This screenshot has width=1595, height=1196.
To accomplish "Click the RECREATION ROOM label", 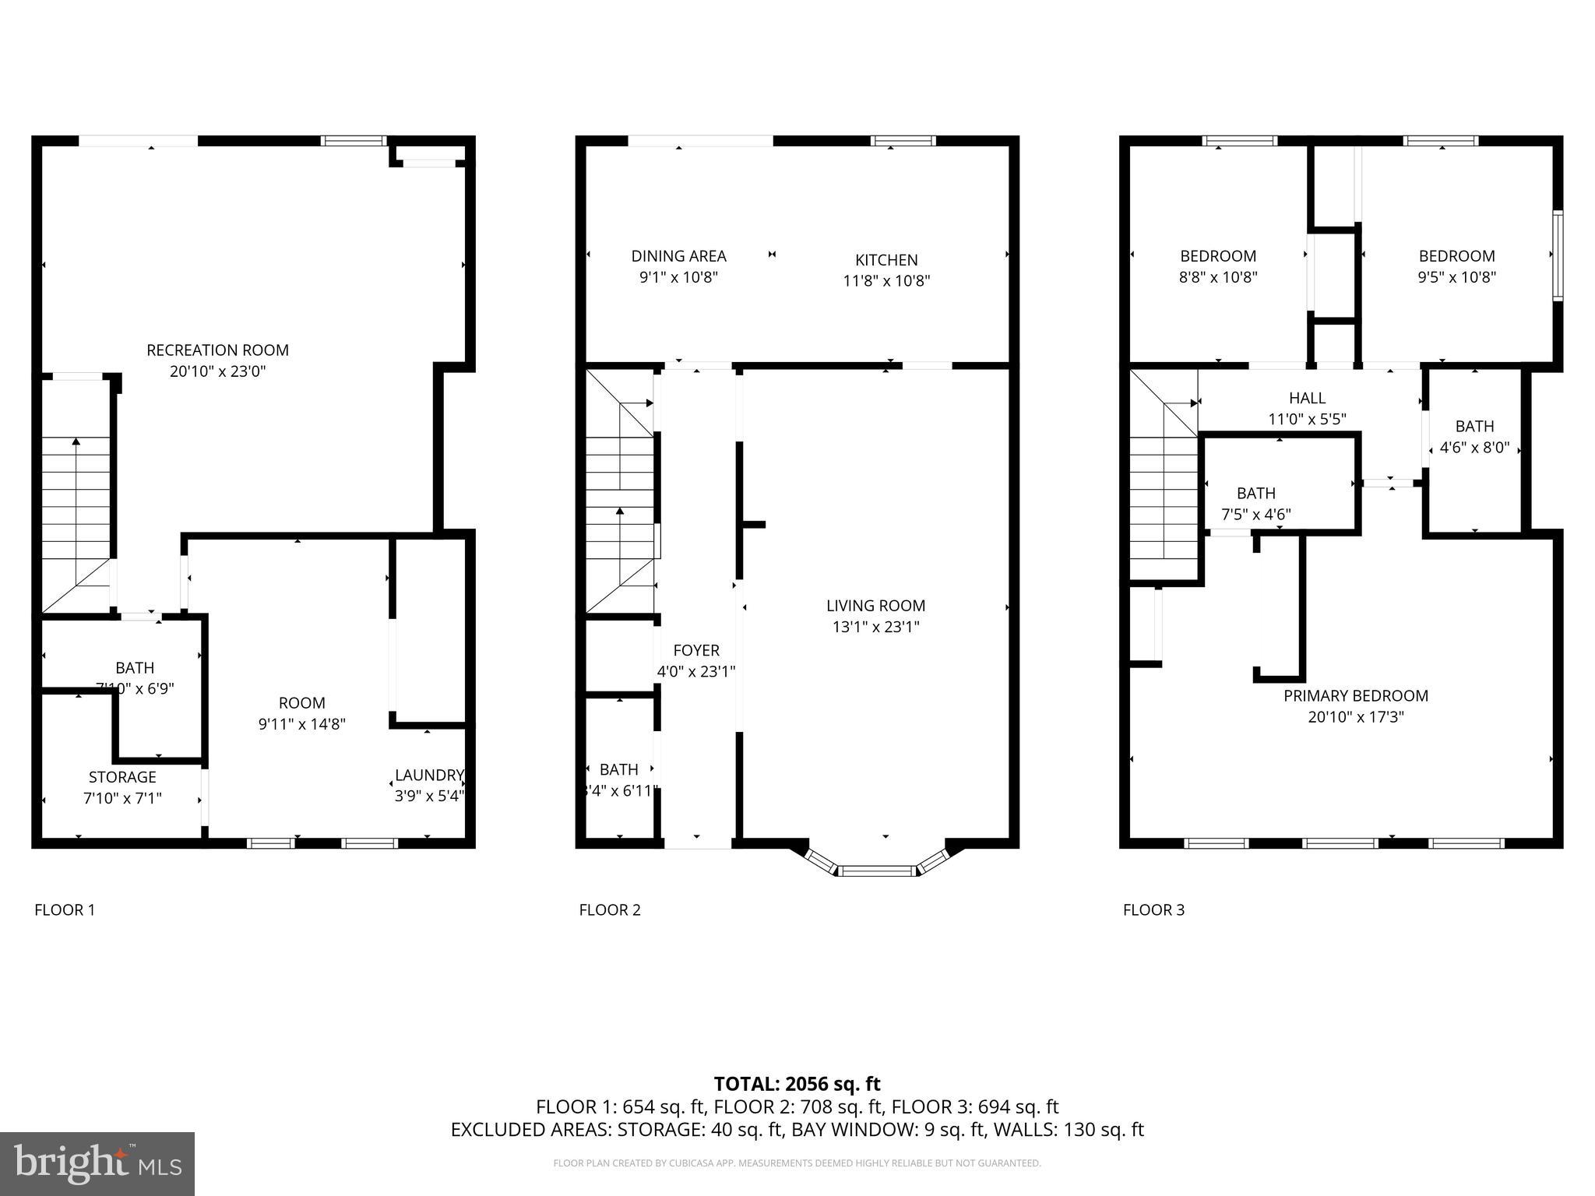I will [217, 350].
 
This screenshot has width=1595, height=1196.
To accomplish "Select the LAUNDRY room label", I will [428, 775].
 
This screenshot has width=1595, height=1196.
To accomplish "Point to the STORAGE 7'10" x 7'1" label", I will [122, 787].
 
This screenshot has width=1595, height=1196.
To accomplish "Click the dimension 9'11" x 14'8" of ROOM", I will [301, 724].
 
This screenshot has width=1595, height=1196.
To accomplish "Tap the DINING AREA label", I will [678, 256].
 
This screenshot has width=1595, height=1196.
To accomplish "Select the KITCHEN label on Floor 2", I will [886, 260].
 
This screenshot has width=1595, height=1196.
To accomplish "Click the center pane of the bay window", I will [878, 870].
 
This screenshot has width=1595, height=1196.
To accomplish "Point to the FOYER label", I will [696, 650].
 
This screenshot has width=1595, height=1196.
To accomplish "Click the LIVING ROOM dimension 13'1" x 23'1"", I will [875, 627].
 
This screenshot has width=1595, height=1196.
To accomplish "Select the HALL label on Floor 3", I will [1307, 399].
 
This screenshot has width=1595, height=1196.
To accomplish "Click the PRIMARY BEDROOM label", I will [1356, 696].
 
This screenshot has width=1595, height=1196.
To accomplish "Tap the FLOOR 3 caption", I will [1153, 909].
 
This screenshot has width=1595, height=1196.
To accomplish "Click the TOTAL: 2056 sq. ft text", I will [797, 1084].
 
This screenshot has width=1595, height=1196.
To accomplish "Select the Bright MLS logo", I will [97, 1163].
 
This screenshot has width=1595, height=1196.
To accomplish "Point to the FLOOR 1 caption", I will [65, 909].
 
